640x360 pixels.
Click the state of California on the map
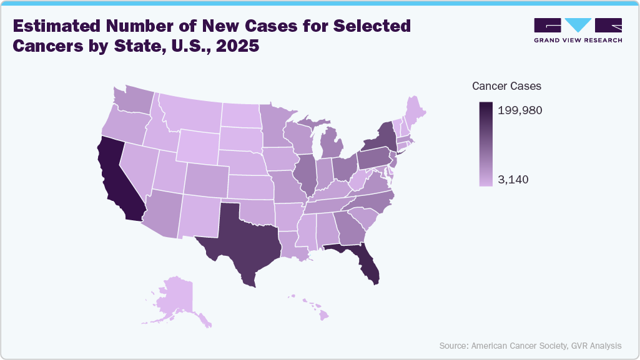119,181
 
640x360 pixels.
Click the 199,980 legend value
520,110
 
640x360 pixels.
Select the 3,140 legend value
514,180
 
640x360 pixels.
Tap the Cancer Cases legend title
506,86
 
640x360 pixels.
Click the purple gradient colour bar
486,144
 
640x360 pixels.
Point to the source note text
530,345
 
